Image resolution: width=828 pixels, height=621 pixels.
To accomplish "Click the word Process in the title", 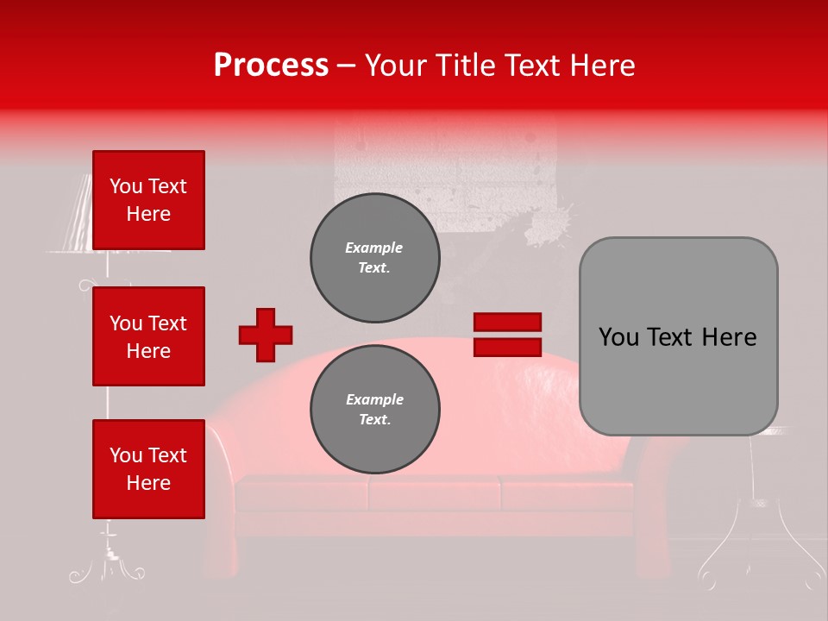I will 271,66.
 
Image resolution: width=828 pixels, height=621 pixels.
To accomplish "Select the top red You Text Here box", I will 148,200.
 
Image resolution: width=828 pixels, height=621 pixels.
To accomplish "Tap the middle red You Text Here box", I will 148,336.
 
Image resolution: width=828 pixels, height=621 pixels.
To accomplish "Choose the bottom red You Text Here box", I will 148,469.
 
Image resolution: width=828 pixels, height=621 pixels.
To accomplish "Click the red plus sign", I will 266,335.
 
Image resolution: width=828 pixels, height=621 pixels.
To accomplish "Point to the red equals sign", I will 508,335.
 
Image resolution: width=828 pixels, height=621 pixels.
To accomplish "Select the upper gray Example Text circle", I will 375,257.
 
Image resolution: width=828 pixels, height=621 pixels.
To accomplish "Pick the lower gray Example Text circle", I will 375,410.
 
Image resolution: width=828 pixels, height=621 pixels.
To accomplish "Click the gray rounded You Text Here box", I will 678,336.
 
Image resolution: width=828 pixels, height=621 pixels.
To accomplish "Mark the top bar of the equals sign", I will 508,323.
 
